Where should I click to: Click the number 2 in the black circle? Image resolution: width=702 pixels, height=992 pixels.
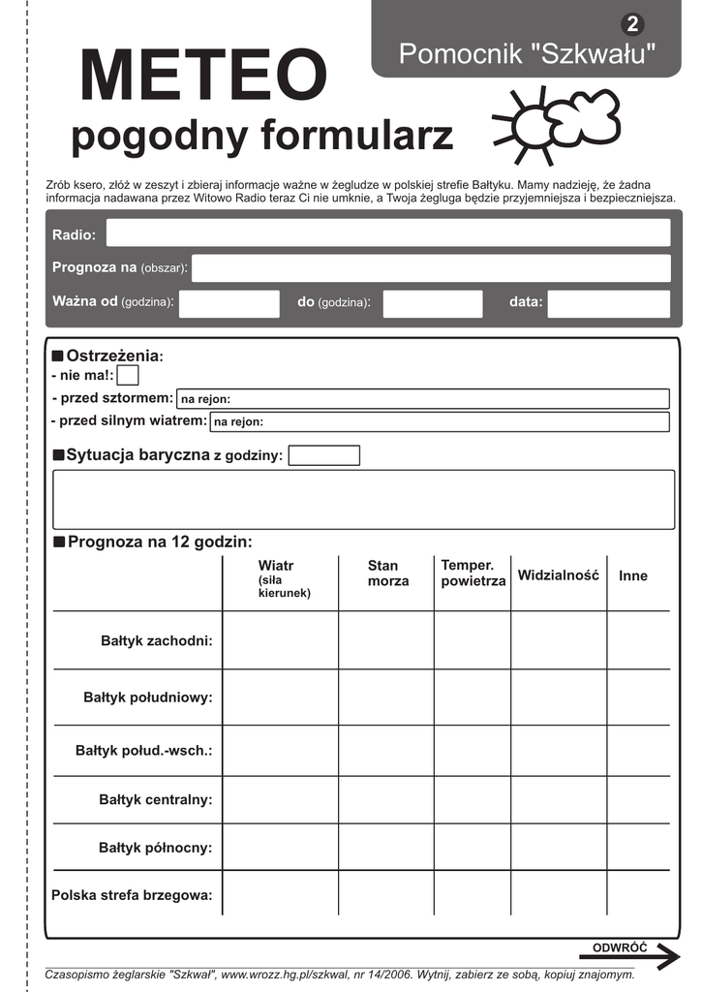tap(633, 24)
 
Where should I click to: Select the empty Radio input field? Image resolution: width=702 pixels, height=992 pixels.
tap(387, 233)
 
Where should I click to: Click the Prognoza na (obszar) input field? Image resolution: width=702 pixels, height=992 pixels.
tap(431, 268)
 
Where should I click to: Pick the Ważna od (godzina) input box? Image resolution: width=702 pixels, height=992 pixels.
tap(229, 303)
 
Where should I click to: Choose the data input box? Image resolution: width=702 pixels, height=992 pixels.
tap(609, 303)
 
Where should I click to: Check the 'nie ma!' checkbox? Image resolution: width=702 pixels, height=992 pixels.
tap(128, 375)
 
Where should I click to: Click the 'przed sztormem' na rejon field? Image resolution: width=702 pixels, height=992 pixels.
tap(423, 398)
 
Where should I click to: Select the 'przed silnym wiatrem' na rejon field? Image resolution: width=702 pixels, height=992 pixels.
tap(440, 421)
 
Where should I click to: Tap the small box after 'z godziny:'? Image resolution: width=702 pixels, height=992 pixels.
tap(324, 455)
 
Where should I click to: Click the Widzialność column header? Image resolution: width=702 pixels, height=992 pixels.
tap(558, 575)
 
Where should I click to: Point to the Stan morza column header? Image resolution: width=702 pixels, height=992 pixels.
tap(387, 573)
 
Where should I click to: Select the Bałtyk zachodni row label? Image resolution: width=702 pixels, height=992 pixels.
tap(156, 640)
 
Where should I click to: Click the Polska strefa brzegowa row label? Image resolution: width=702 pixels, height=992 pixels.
tap(132, 895)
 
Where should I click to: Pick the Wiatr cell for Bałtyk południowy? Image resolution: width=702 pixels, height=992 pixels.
tap(280, 697)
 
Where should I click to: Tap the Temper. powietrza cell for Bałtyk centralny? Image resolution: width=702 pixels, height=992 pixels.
tap(472, 799)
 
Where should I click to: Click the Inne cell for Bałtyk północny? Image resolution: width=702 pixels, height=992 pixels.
tap(638, 848)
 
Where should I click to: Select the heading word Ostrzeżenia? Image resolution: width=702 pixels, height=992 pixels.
tap(112, 356)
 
